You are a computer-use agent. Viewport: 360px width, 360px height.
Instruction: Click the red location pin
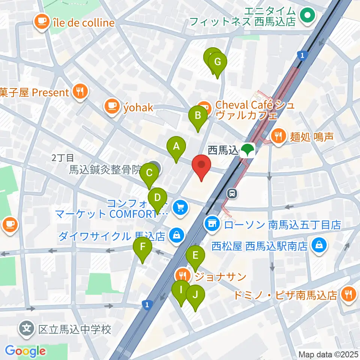click(x=201, y=167)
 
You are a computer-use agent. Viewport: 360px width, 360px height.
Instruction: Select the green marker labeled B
click(x=198, y=117)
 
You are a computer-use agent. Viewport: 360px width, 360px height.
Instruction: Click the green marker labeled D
click(x=157, y=198)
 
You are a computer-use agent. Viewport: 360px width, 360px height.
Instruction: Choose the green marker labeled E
click(x=195, y=256)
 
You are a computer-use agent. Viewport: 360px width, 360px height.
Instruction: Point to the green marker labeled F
click(x=142, y=247)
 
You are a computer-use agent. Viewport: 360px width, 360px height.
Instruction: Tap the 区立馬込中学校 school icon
click(x=27, y=330)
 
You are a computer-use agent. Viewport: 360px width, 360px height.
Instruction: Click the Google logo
click(x=25, y=351)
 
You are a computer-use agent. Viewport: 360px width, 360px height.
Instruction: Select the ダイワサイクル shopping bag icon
click(x=176, y=236)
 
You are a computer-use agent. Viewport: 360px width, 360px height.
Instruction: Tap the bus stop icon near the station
click(x=232, y=193)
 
